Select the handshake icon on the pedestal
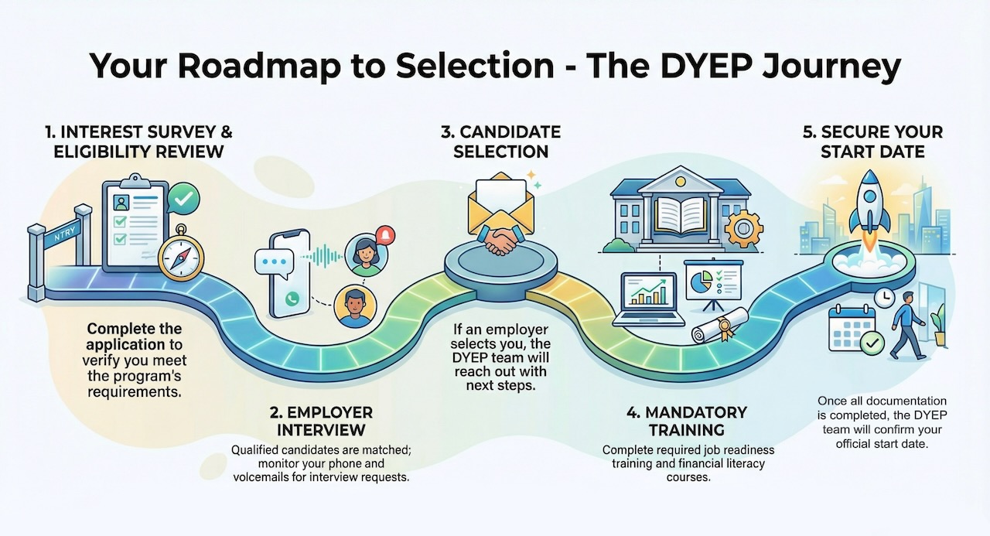(x=500, y=239)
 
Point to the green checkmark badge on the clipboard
(x=183, y=200)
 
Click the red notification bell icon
(x=384, y=234)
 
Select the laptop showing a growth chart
(x=648, y=298)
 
